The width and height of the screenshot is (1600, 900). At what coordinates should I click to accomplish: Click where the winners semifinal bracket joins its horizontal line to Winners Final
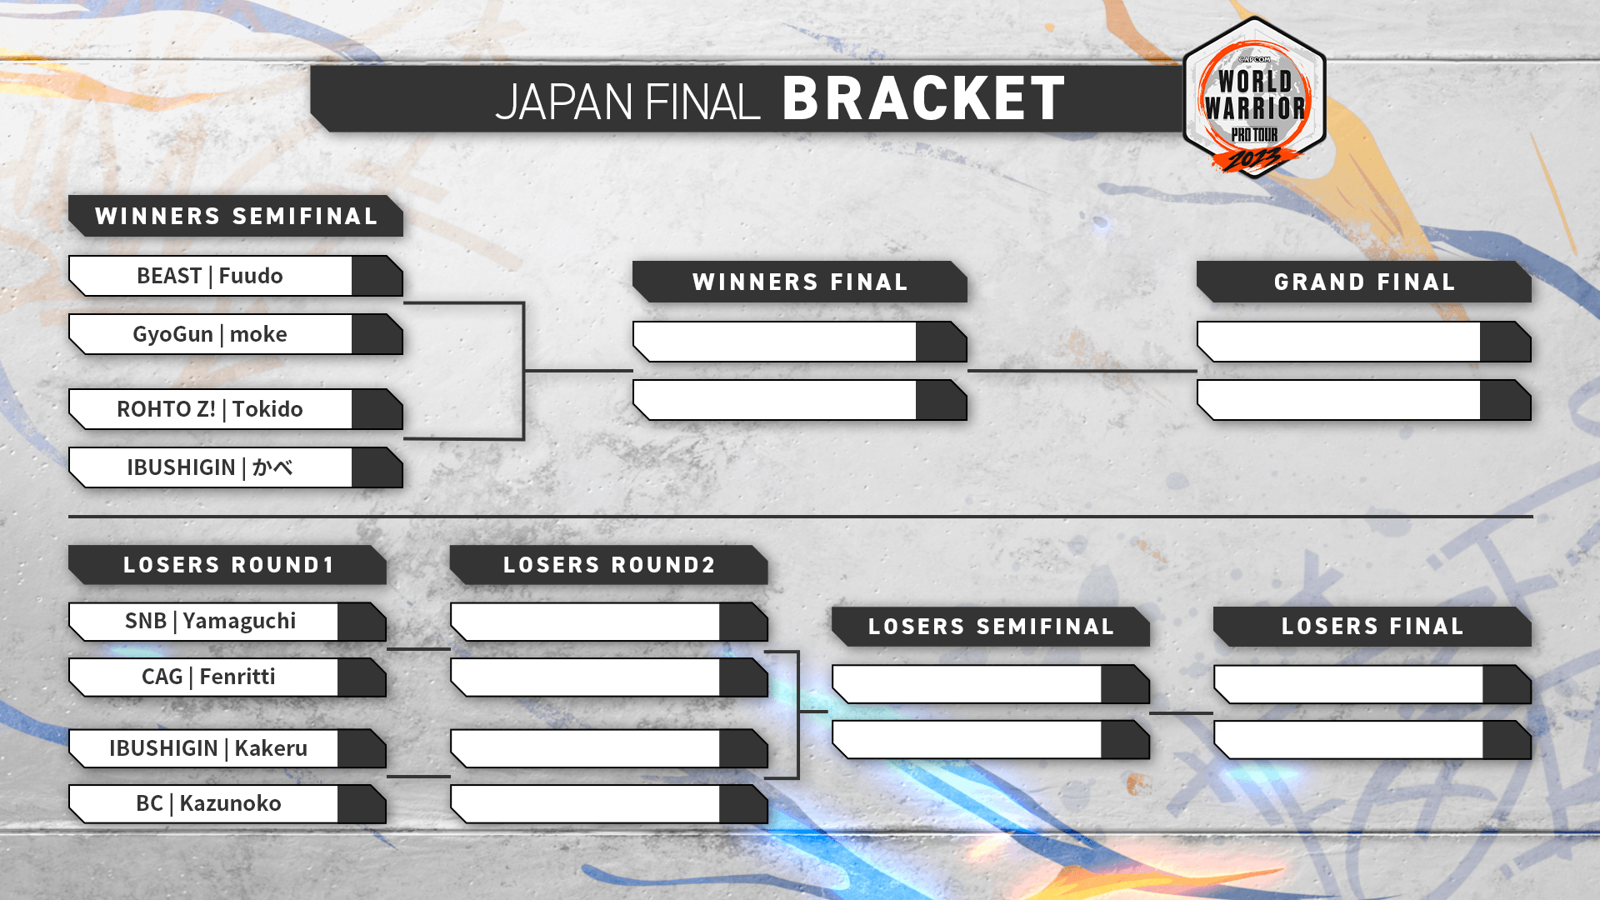(523, 370)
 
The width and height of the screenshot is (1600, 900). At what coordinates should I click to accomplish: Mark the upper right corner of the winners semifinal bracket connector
(523, 302)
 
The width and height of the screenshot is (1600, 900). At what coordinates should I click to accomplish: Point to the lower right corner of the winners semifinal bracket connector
(523, 438)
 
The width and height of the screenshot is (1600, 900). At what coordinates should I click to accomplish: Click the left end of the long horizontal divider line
(69, 517)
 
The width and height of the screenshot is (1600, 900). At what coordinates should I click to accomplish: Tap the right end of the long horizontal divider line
(1532, 517)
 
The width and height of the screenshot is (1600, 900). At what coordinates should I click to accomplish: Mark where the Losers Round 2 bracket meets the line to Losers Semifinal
(798, 712)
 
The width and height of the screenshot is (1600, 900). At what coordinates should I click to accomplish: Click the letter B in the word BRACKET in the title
(802, 98)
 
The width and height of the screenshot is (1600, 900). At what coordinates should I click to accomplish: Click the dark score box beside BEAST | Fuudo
(377, 276)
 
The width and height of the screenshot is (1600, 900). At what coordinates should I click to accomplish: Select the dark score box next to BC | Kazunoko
(362, 804)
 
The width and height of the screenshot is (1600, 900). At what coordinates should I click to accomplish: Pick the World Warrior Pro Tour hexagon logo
(1254, 98)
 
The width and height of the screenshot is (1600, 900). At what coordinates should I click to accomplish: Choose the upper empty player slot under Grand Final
(1364, 342)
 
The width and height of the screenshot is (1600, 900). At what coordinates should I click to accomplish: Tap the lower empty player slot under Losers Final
(1372, 740)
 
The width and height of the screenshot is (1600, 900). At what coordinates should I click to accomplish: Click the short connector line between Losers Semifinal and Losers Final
(1182, 713)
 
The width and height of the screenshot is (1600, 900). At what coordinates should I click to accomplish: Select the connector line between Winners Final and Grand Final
(1082, 371)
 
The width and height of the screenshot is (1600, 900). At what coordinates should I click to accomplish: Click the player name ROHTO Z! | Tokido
(210, 409)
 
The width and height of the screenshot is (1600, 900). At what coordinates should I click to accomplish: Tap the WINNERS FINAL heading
(800, 282)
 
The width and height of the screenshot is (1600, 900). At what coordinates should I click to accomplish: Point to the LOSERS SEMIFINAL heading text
(991, 627)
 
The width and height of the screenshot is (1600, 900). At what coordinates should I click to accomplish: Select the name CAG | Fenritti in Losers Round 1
(208, 677)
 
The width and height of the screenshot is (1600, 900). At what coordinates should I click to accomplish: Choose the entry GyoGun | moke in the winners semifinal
(210, 334)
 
